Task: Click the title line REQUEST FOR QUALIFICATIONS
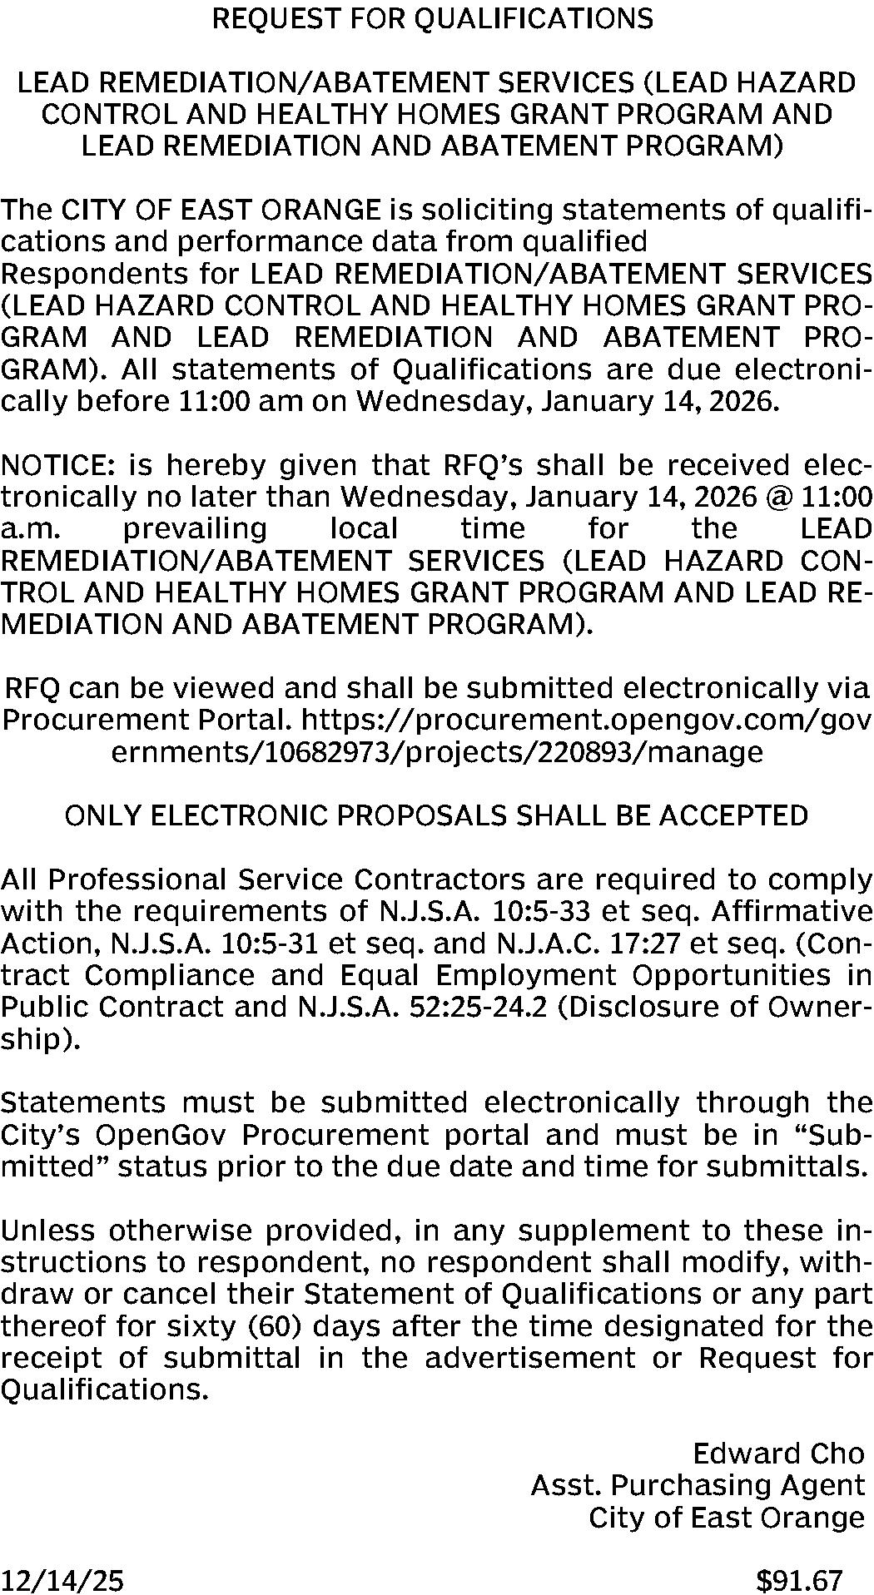coord(433,18)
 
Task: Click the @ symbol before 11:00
coord(775,497)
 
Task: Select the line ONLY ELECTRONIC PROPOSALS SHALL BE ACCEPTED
coord(436,815)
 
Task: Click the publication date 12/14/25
coord(63,1579)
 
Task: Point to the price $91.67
coord(800,1579)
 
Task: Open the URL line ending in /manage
coord(436,752)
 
